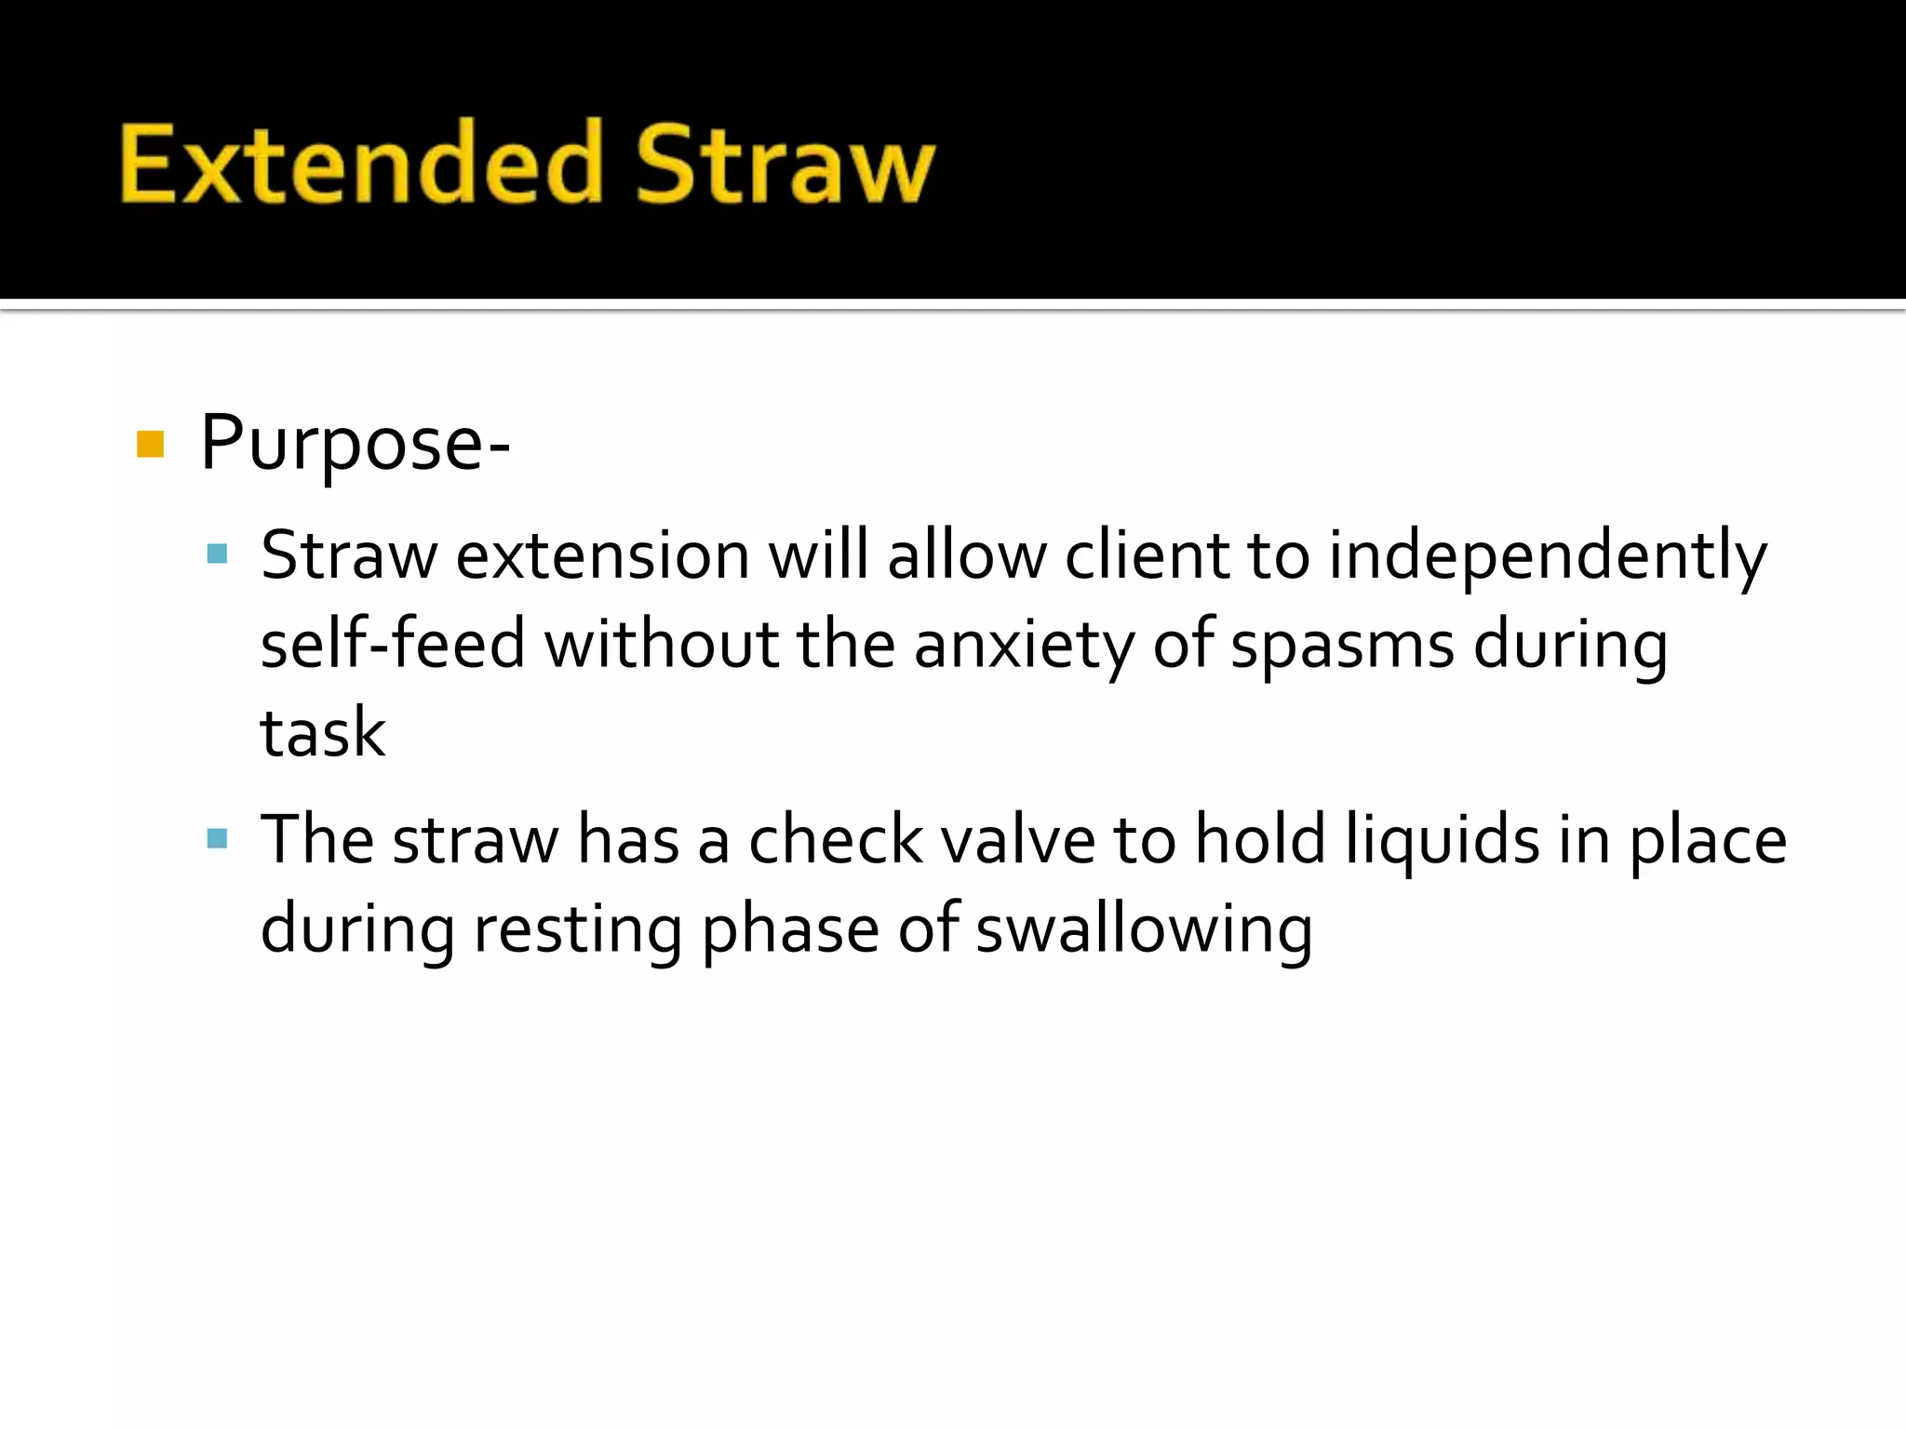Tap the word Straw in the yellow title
[785, 164]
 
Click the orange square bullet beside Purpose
[150, 445]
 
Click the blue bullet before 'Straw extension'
[217, 555]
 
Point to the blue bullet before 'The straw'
[217, 840]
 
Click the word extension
[602, 556]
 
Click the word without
[661, 644]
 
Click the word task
[322, 733]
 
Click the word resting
[578, 929]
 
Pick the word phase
[790, 929]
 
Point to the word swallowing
[1144, 929]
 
